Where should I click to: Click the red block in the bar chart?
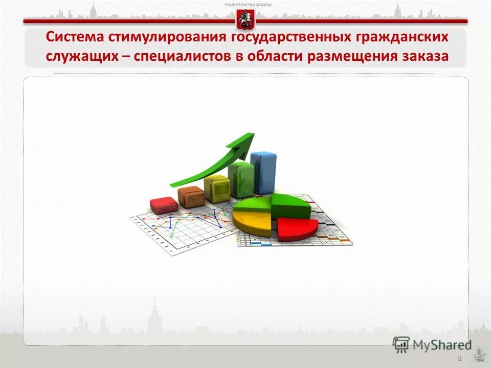pyautogui.click(x=164, y=204)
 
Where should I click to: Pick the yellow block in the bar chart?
pyautogui.click(x=216, y=188)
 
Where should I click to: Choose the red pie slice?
pyautogui.click(x=297, y=228)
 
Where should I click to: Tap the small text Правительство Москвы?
pyautogui.click(x=249, y=5)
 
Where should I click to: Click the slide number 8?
pyautogui.click(x=460, y=358)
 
